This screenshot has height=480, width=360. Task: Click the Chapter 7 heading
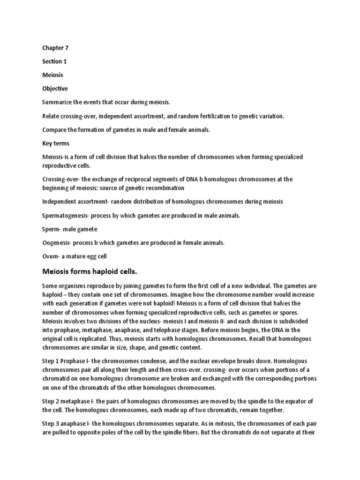[55, 48]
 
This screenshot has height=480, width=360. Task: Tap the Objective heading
[55, 89]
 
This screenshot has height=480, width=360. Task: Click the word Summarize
[58, 102]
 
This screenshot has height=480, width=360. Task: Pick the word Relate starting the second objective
[50, 116]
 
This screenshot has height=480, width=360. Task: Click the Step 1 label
[51, 362]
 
